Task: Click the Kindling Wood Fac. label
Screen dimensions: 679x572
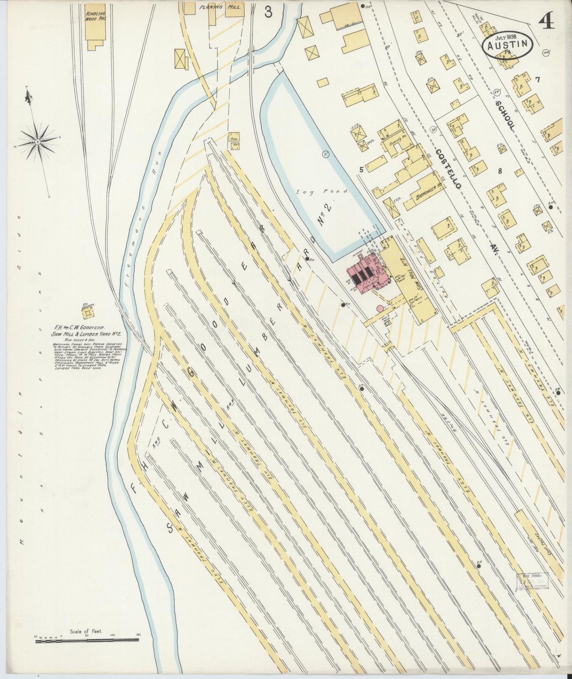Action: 95,16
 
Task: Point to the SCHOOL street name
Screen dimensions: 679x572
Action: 506,115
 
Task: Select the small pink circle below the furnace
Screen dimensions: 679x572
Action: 380,308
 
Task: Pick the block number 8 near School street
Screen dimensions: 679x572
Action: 500,171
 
